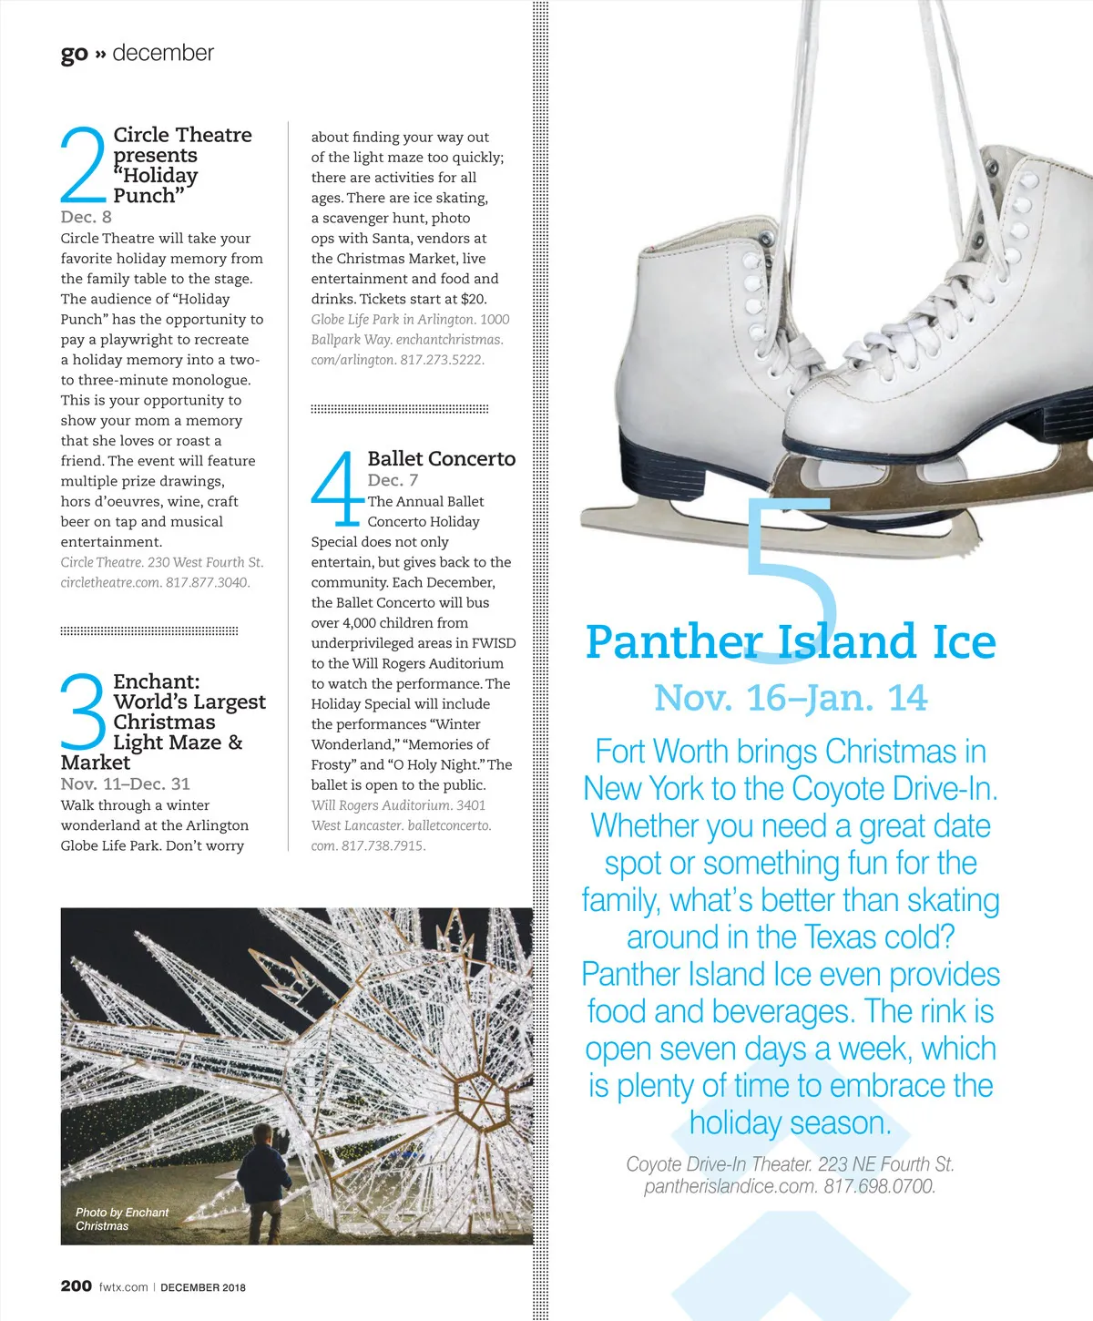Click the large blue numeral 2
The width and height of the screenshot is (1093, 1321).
(84, 165)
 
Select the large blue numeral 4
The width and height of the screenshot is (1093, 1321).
(336, 489)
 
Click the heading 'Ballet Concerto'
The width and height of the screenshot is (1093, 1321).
(442, 459)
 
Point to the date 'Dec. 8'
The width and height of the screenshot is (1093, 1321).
(87, 217)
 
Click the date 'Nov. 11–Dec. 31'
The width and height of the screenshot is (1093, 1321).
(126, 783)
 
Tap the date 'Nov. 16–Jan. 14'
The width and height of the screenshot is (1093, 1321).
(791, 698)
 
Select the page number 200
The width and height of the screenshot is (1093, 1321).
(77, 1285)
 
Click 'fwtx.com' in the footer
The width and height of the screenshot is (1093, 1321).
(123, 1287)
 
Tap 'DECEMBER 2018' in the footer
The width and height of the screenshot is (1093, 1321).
(203, 1287)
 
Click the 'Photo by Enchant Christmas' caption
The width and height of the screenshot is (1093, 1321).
(121, 1219)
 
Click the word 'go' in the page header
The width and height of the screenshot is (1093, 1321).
(74, 55)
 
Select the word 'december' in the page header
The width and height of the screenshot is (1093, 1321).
(163, 53)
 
